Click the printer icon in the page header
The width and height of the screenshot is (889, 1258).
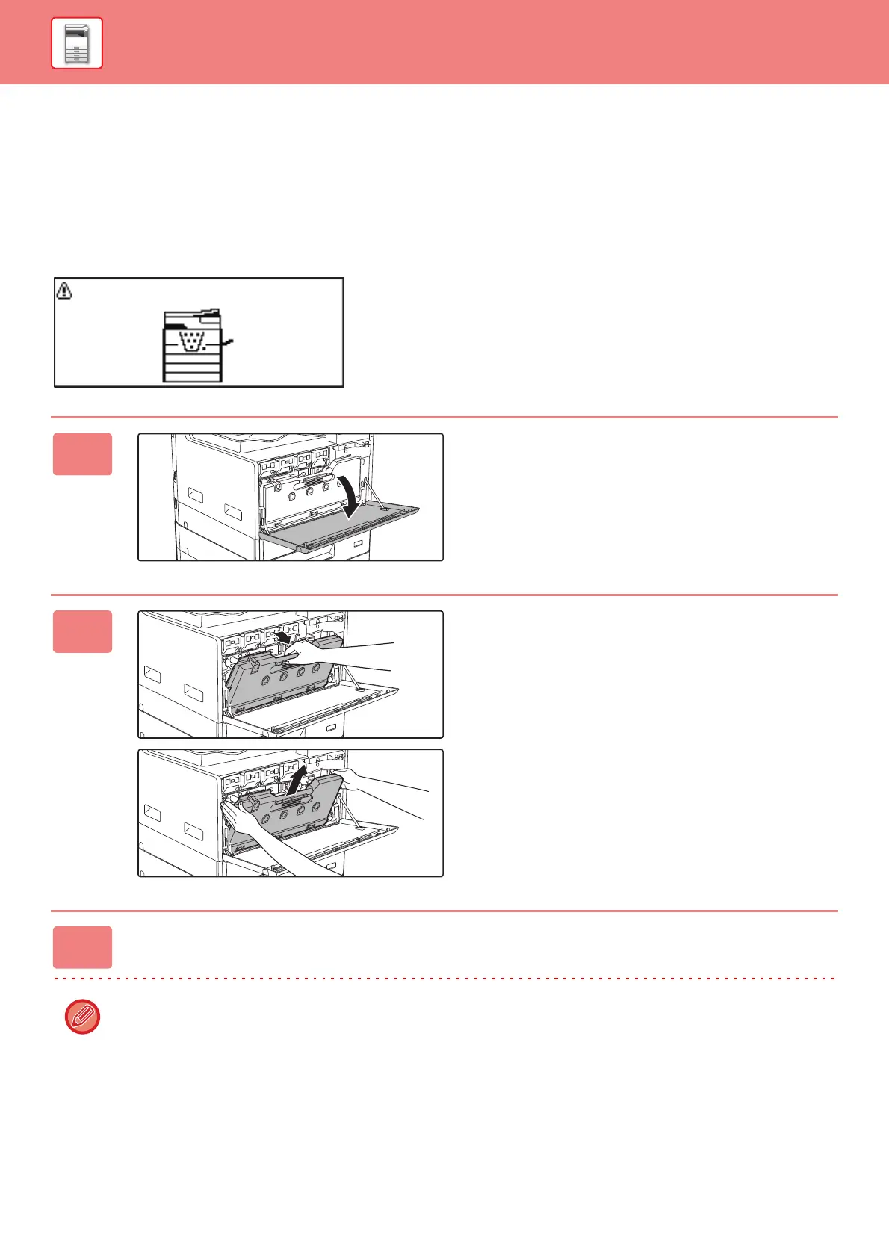[76, 44]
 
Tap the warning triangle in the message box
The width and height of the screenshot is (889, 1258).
[65, 291]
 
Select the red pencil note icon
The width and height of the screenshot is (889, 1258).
[82, 1017]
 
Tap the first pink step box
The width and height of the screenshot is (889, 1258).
[82, 454]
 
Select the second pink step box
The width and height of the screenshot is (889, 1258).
[82, 631]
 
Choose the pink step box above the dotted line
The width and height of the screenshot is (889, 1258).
[82, 947]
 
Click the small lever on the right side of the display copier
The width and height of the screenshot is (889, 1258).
[229, 343]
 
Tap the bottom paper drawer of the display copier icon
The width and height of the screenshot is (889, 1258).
[193, 377]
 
